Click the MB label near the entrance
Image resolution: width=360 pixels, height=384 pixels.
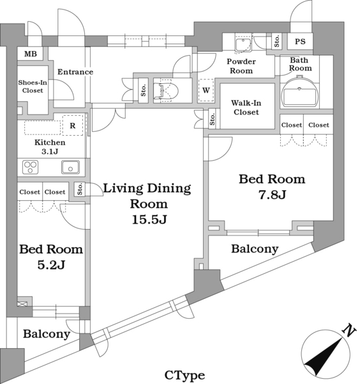31,54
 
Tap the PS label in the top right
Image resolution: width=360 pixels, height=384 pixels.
300,42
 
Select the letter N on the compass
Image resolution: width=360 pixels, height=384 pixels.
349,331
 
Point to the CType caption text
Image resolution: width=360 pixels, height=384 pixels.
184,375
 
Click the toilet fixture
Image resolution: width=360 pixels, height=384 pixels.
166,91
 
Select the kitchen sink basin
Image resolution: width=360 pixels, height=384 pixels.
70,167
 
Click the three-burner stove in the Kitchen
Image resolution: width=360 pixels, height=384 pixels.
30,167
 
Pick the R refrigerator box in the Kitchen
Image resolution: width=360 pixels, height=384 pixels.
73,125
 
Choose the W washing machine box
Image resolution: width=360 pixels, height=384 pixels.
206,90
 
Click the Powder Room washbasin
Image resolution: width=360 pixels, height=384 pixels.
243,44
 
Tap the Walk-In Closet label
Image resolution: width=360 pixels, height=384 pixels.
246,108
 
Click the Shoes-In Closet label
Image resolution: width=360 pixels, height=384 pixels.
33,86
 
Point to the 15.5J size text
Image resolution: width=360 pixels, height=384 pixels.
149,220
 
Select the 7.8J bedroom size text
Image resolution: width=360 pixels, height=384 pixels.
272,195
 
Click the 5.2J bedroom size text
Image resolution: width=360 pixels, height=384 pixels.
51,265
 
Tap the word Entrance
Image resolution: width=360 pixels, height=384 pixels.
75,72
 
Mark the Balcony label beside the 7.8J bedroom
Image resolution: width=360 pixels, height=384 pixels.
255,249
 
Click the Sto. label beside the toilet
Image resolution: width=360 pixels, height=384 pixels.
144,90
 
